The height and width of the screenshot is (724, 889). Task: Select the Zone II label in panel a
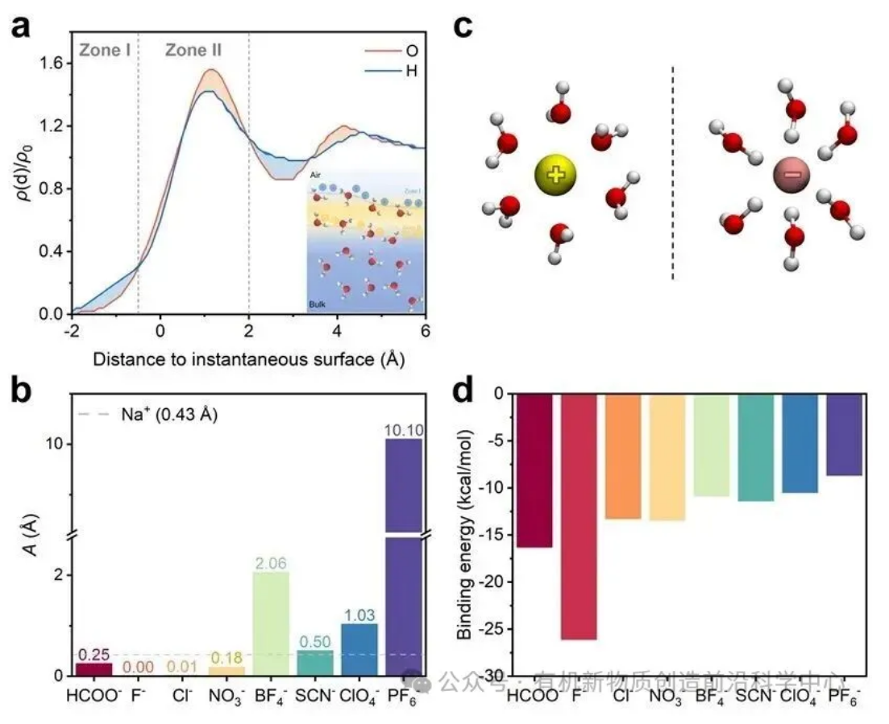[x=193, y=51]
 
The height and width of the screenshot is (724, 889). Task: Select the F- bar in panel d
[x=578, y=515]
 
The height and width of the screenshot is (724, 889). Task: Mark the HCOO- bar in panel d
[x=534, y=470]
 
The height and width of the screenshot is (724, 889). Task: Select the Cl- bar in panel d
[x=622, y=456]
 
